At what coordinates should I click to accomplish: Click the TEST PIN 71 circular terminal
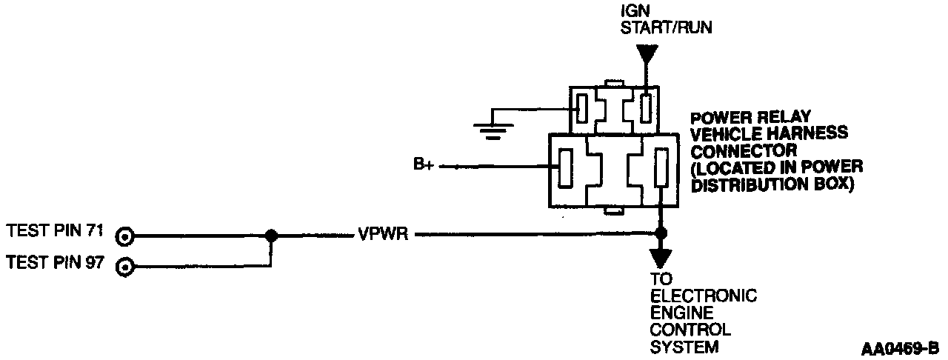127,236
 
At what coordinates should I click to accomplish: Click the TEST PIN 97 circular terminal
127,266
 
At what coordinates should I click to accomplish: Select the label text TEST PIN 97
58,262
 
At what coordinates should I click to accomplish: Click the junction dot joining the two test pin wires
271,236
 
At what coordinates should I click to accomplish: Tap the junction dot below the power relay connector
661,234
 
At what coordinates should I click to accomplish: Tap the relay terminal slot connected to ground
584,108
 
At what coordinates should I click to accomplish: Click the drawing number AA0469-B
900,348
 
